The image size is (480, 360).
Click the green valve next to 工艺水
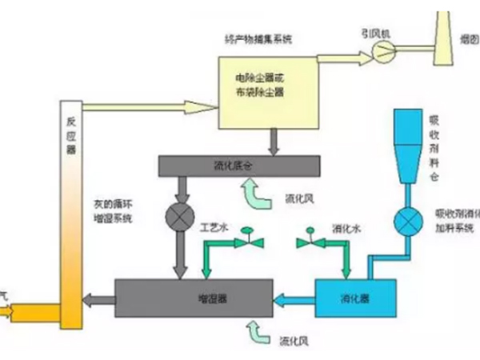[x=249, y=238]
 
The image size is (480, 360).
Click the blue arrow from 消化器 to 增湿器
[x=294, y=300]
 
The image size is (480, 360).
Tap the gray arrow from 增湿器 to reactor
[x=100, y=300]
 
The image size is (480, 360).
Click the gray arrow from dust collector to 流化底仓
[x=274, y=141]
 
